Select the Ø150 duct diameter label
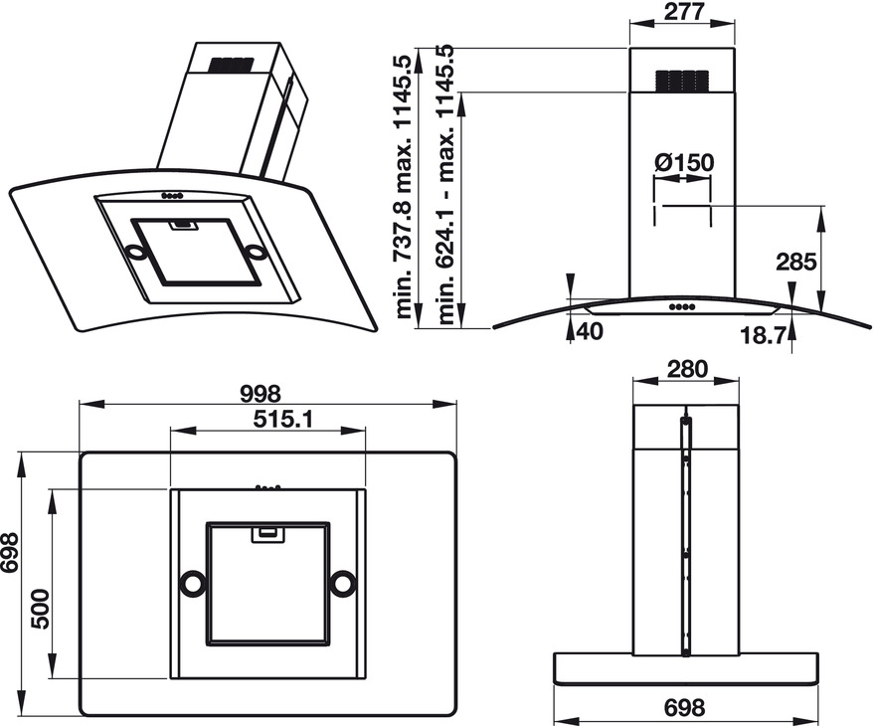pyautogui.click(x=685, y=162)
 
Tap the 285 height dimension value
pyautogui.click(x=795, y=262)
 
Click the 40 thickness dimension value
pyautogui.click(x=590, y=331)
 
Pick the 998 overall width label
pyautogui.click(x=261, y=394)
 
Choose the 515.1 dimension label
pyautogui.click(x=269, y=420)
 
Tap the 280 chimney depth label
pyautogui.click(x=687, y=370)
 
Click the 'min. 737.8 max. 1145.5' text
pyautogui.click(x=404, y=184)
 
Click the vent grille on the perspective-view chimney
pyautogui.click(x=232, y=66)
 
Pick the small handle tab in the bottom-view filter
pyautogui.click(x=266, y=534)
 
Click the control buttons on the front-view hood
pyautogui.click(x=681, y=306)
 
